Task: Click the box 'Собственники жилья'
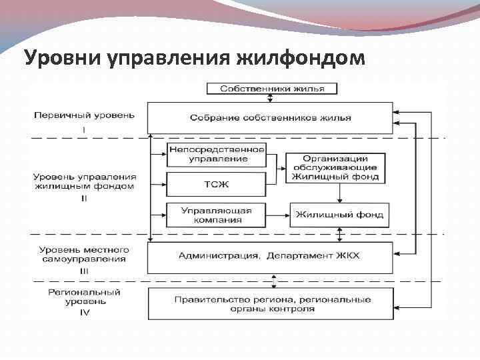coord(271,88)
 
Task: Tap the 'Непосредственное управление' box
coord(216,155)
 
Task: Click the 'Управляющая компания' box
coord(216,215)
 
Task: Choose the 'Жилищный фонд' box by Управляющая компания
coord(339,215)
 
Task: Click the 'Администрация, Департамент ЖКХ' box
coord(270,256)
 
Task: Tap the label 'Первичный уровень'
coord(84,115)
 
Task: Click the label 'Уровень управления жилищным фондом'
coord(84,181)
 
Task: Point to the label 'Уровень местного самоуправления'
coord(84,253)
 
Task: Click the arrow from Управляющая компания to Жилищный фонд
coord(277,215)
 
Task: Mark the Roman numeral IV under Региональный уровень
coord(84,311)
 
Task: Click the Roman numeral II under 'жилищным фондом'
coord(84,197)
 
